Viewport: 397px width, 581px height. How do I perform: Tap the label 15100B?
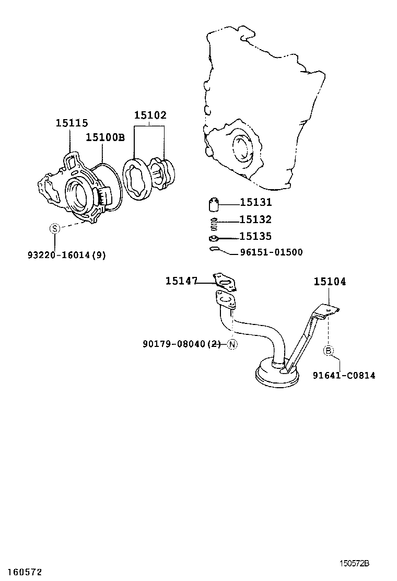click(105, 137)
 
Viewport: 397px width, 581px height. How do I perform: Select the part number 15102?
click(150, 115)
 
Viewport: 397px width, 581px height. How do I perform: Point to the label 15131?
click(256, 203)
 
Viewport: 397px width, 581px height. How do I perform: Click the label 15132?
click(256, 220)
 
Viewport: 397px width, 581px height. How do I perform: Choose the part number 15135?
click(256, 237)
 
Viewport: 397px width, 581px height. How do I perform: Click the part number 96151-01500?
click(271, 252)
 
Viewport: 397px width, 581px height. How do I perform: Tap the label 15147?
click(181, 282)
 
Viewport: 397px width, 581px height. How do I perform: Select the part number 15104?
click(330, 282)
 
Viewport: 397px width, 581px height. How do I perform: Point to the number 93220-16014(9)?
click(66, 255)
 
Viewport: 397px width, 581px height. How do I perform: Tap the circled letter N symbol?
click(232, 344)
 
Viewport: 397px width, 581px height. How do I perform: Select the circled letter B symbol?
click(329, 351)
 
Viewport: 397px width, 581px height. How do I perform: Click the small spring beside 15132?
click(213, 224)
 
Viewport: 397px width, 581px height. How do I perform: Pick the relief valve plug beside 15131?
click(214, 203)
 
